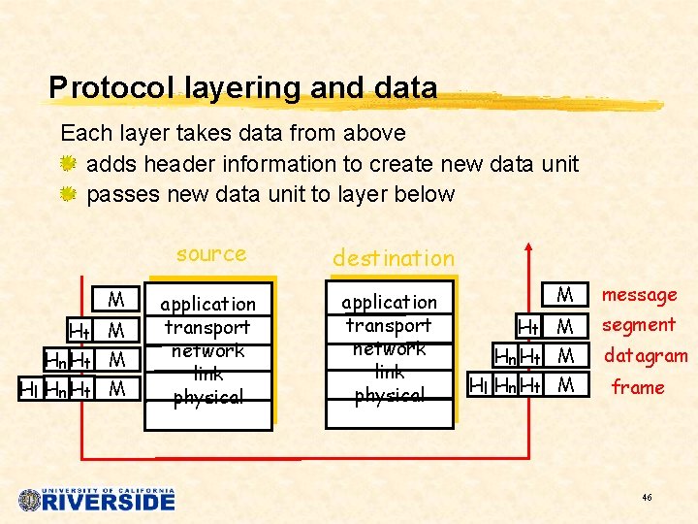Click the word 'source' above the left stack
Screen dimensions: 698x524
pos(211,254)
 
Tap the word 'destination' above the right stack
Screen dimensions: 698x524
pos(393,258)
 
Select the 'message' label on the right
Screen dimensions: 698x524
pos(640,294)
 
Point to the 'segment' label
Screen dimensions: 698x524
pos(638,325)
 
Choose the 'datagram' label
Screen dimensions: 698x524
pos(645,356)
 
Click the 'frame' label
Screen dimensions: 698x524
pos(637,387)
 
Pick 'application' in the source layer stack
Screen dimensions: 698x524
pos(207,304)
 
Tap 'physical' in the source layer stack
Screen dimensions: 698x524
pos(207,396)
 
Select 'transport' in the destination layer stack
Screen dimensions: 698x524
pos(389,325)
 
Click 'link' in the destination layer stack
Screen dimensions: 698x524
pos(389,372)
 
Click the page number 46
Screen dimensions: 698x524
pos(647,497)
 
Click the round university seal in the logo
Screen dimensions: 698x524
pos(30,500)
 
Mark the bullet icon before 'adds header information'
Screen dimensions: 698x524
pos(69,164)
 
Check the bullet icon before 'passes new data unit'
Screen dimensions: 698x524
pos(69,194)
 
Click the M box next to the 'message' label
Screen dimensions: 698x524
pos(566,294)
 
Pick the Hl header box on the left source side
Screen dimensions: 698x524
pos(30,389)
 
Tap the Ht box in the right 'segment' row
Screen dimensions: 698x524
pos(529,326)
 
